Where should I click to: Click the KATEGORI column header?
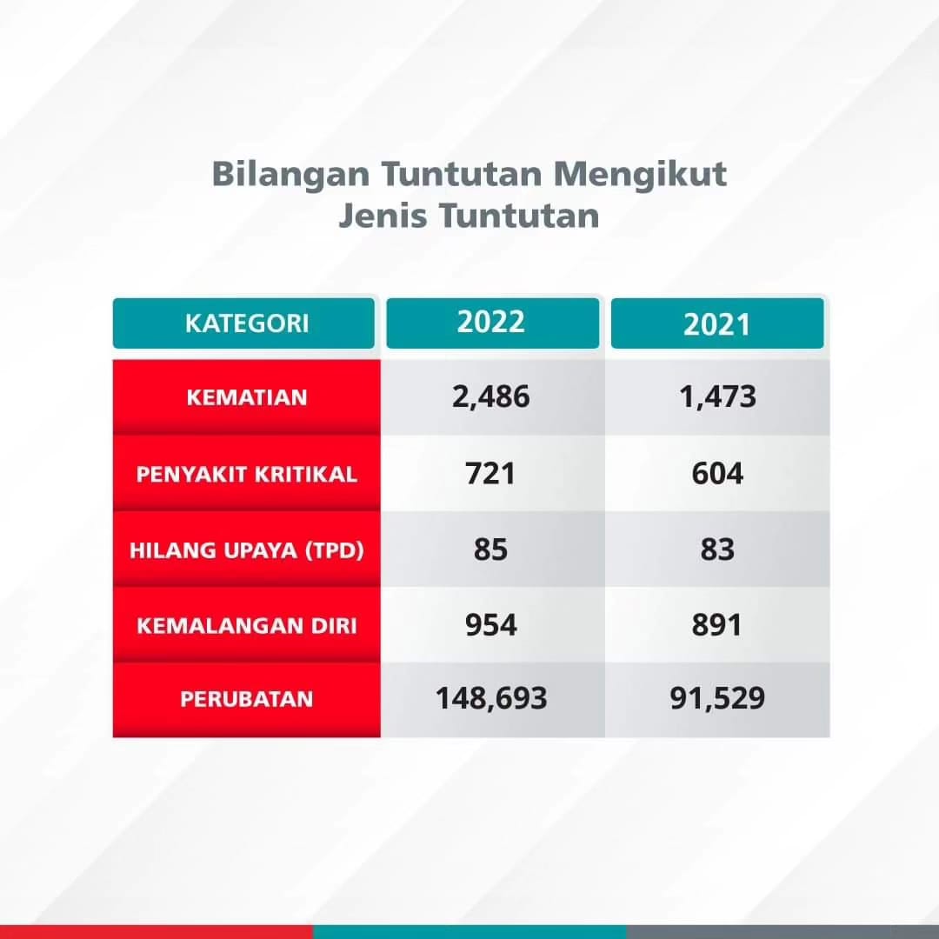(247, 323)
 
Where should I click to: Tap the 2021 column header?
(716, 324)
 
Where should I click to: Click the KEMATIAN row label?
(247, 397)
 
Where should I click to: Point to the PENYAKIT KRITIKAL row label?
(247, 475)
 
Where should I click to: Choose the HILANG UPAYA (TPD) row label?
(247, 549)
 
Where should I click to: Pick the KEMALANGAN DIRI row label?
(247, 626)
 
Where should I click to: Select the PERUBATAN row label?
(247, 699)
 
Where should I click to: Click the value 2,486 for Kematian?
(491, 397)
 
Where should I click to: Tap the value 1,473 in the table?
(717, 397)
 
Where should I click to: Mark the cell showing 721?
(490, 473)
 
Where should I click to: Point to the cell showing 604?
(717, 473)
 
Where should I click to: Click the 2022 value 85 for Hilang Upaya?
(490, 549)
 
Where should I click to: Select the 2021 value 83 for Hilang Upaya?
(717, 549)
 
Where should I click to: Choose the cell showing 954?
(491, 625)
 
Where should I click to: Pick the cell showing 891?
(716, 625)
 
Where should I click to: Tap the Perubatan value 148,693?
(491, 698)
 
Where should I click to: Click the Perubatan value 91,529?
(717, 698)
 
